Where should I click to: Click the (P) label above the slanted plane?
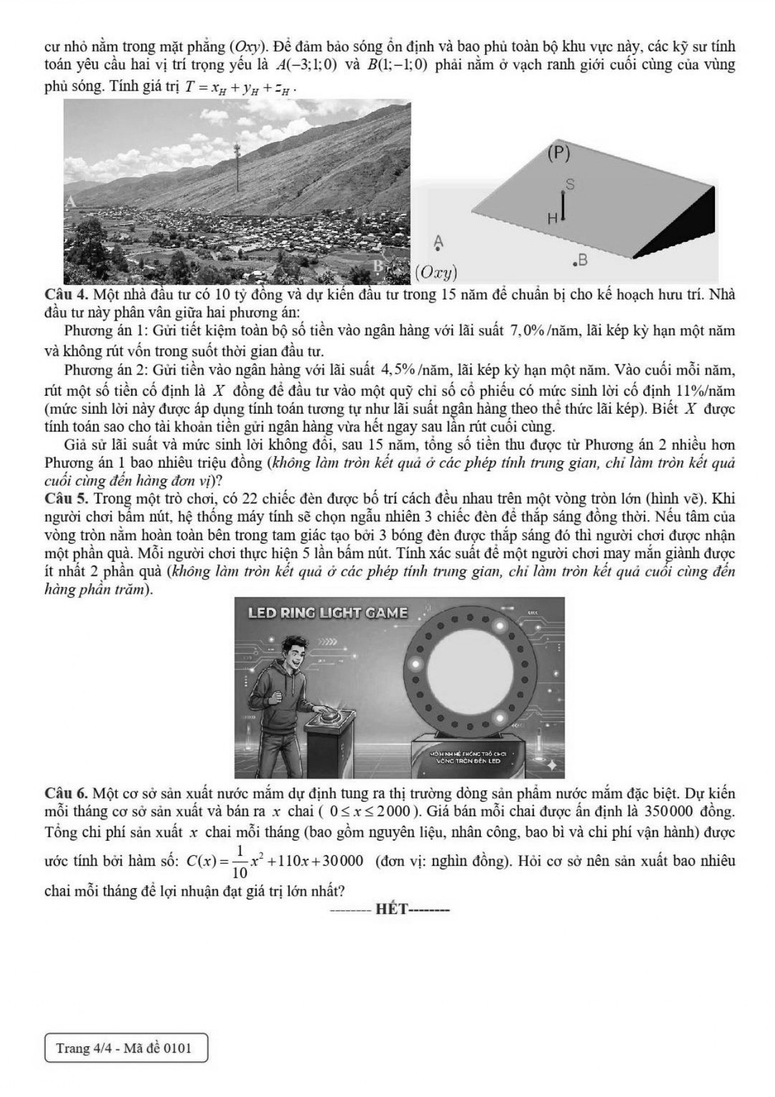[x=558, y=154]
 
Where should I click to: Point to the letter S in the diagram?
[x=569, y=184]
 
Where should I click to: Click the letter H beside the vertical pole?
[x=552, y=219]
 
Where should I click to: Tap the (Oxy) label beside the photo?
[x=436, y=273]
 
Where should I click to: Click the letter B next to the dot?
[x=583, y=259]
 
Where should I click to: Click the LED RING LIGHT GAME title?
[x=328, y=613]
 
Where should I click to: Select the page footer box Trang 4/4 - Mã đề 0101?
[x=126, y=1048]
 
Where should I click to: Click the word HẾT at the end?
[x=392, y=909]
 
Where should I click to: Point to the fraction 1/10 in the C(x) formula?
[x=240, y=862]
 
